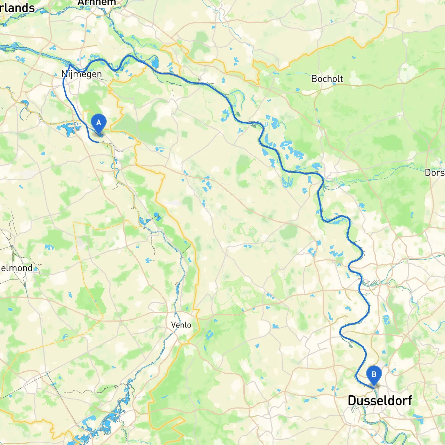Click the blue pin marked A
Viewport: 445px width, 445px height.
pyautogui.click(x=99, y=123)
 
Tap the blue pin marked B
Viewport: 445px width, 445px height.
pyautogui.click(x=374, y=375)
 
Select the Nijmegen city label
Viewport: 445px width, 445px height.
pyautogui.click(x=82, y=74)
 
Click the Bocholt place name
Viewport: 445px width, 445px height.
pyautogui.click(x=327, y=79)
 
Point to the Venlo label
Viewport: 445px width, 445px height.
pyautogui.click(x=181, y=325)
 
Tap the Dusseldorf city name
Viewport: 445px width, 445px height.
pyautogui.click(x=380, y=400)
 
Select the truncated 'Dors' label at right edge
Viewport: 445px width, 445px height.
pyautogui.click(x=435, y=173)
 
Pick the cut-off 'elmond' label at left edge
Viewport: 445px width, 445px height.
pyautogui.click(x=16, y=268)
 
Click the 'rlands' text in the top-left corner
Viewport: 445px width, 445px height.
pyautogui.click(x=17, y=8)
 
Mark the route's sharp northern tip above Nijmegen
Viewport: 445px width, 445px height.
pyautogui.click(x=70, y=65)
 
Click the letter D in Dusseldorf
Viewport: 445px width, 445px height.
pyautogui.click(x=352, y=400)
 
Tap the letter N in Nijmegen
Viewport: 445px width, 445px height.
pyautogui.click(x=64, y=74)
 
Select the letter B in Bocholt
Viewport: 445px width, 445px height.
pyautogui.click(x=314, y=79)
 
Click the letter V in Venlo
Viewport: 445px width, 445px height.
pyautogui.click(x=173, y=325)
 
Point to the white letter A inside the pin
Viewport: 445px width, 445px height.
pyautogui.click(x=99, y=122)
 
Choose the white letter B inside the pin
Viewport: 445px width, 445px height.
pyautogui.click(x=374, y=374)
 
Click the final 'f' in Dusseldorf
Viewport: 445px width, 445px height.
pyautogui.click(x=409, y=400)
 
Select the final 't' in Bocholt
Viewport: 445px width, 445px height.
pyautogui.click(x=341, y=79)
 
